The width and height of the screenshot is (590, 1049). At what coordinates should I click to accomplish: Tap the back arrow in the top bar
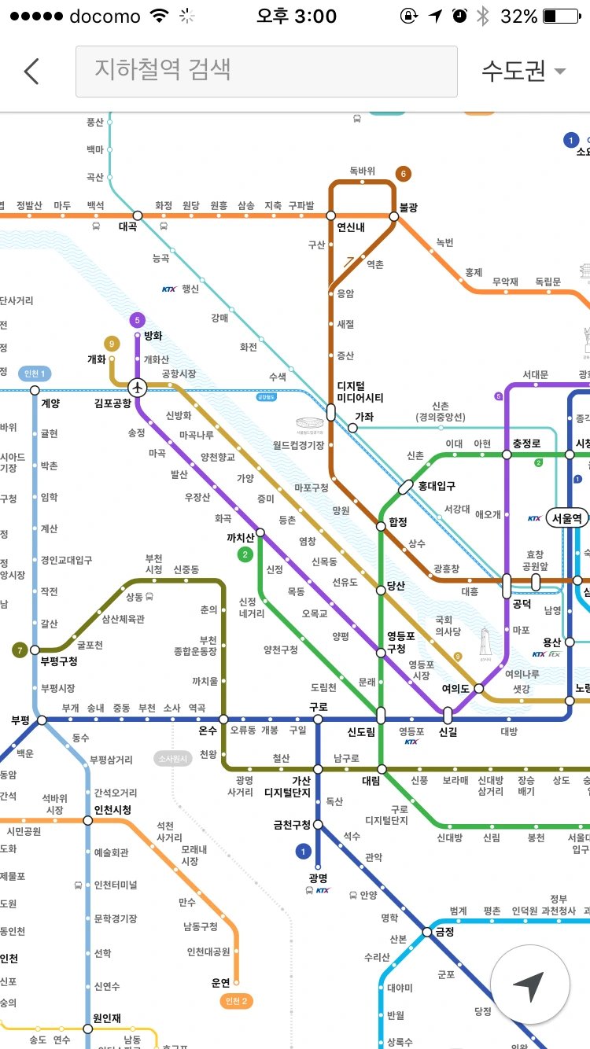31,71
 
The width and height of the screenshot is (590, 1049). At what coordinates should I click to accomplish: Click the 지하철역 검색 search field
266,71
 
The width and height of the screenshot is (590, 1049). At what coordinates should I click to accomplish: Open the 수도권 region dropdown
523,71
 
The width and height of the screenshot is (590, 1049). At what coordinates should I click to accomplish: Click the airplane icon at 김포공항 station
138,387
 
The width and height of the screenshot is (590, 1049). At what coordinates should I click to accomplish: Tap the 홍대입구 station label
437,486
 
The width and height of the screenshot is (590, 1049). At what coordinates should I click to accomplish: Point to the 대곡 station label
127,226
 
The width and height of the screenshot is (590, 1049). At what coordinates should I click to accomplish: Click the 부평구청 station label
59,661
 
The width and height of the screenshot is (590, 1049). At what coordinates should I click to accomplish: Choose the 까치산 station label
240,538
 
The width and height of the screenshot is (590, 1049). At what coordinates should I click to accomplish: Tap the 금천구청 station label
292,825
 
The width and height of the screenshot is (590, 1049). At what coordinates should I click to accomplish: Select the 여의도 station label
455,689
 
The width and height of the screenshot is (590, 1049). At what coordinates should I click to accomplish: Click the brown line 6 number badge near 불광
404,174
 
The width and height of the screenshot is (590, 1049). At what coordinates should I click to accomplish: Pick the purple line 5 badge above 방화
138,320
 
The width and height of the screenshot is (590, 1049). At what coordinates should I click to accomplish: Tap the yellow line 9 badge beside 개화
112,343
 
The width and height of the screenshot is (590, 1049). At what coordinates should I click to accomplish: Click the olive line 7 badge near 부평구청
19,650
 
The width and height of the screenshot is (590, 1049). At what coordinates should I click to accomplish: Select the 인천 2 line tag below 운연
236,1001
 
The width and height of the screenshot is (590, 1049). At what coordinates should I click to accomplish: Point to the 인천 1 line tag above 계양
35,374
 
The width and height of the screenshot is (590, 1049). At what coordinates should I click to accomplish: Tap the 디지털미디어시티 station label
360,392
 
